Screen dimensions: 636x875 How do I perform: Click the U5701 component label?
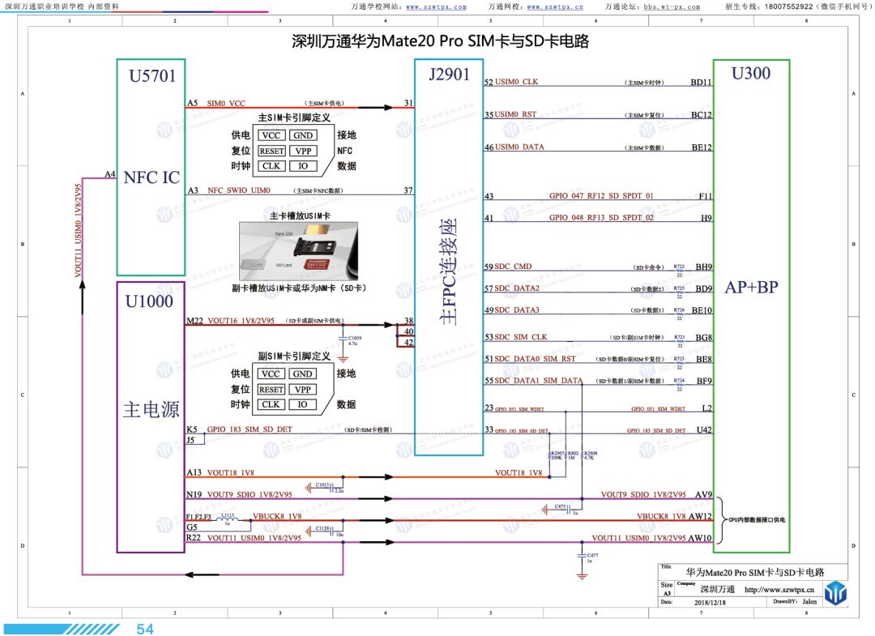[x=152, y=77]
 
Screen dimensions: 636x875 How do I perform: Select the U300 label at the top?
[x=750, y=74]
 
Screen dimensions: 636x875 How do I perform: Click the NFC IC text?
[x=152, y=177]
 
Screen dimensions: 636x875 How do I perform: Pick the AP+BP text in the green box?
[x=751, y=287]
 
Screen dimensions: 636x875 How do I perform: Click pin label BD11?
[x=701, y=83]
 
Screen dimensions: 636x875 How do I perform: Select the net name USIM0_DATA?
[x=519, y=147]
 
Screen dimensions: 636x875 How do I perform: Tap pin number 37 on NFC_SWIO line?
[x=408, y=190]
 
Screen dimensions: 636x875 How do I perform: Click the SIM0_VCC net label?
[x=226, y=104]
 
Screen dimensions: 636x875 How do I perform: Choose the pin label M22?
[x=194, y=321]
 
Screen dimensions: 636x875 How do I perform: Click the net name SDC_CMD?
[x=514, y=267]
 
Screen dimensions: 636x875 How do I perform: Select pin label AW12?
[x=701, y=516]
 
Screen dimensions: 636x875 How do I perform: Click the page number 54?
[x=145, y=629]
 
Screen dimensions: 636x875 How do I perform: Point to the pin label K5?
[x=191, y=429]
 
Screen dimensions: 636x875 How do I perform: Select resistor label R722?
[x=679, y=266]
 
